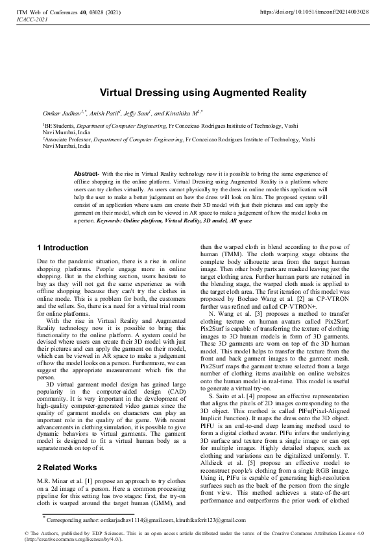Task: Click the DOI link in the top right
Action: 314,12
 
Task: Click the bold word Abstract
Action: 86,174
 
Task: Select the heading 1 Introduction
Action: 63,248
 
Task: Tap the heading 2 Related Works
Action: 66,431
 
